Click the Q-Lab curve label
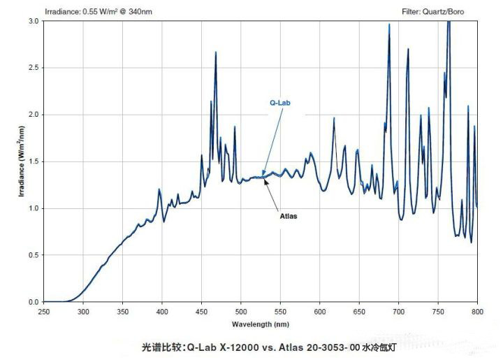[279, 102]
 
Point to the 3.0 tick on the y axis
[33, 21]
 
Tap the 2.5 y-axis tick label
[33, 68]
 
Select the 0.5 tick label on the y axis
[33, 255]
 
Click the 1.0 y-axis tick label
[33, 208]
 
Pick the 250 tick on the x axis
[43, 311]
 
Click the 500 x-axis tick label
[241, 311]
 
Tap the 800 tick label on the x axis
[478, 311]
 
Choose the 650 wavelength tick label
[359, 311]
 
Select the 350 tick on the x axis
[122, 311]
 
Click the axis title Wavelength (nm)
[260, 324]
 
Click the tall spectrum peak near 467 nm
[215, 52]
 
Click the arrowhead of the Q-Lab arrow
[263, 174]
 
